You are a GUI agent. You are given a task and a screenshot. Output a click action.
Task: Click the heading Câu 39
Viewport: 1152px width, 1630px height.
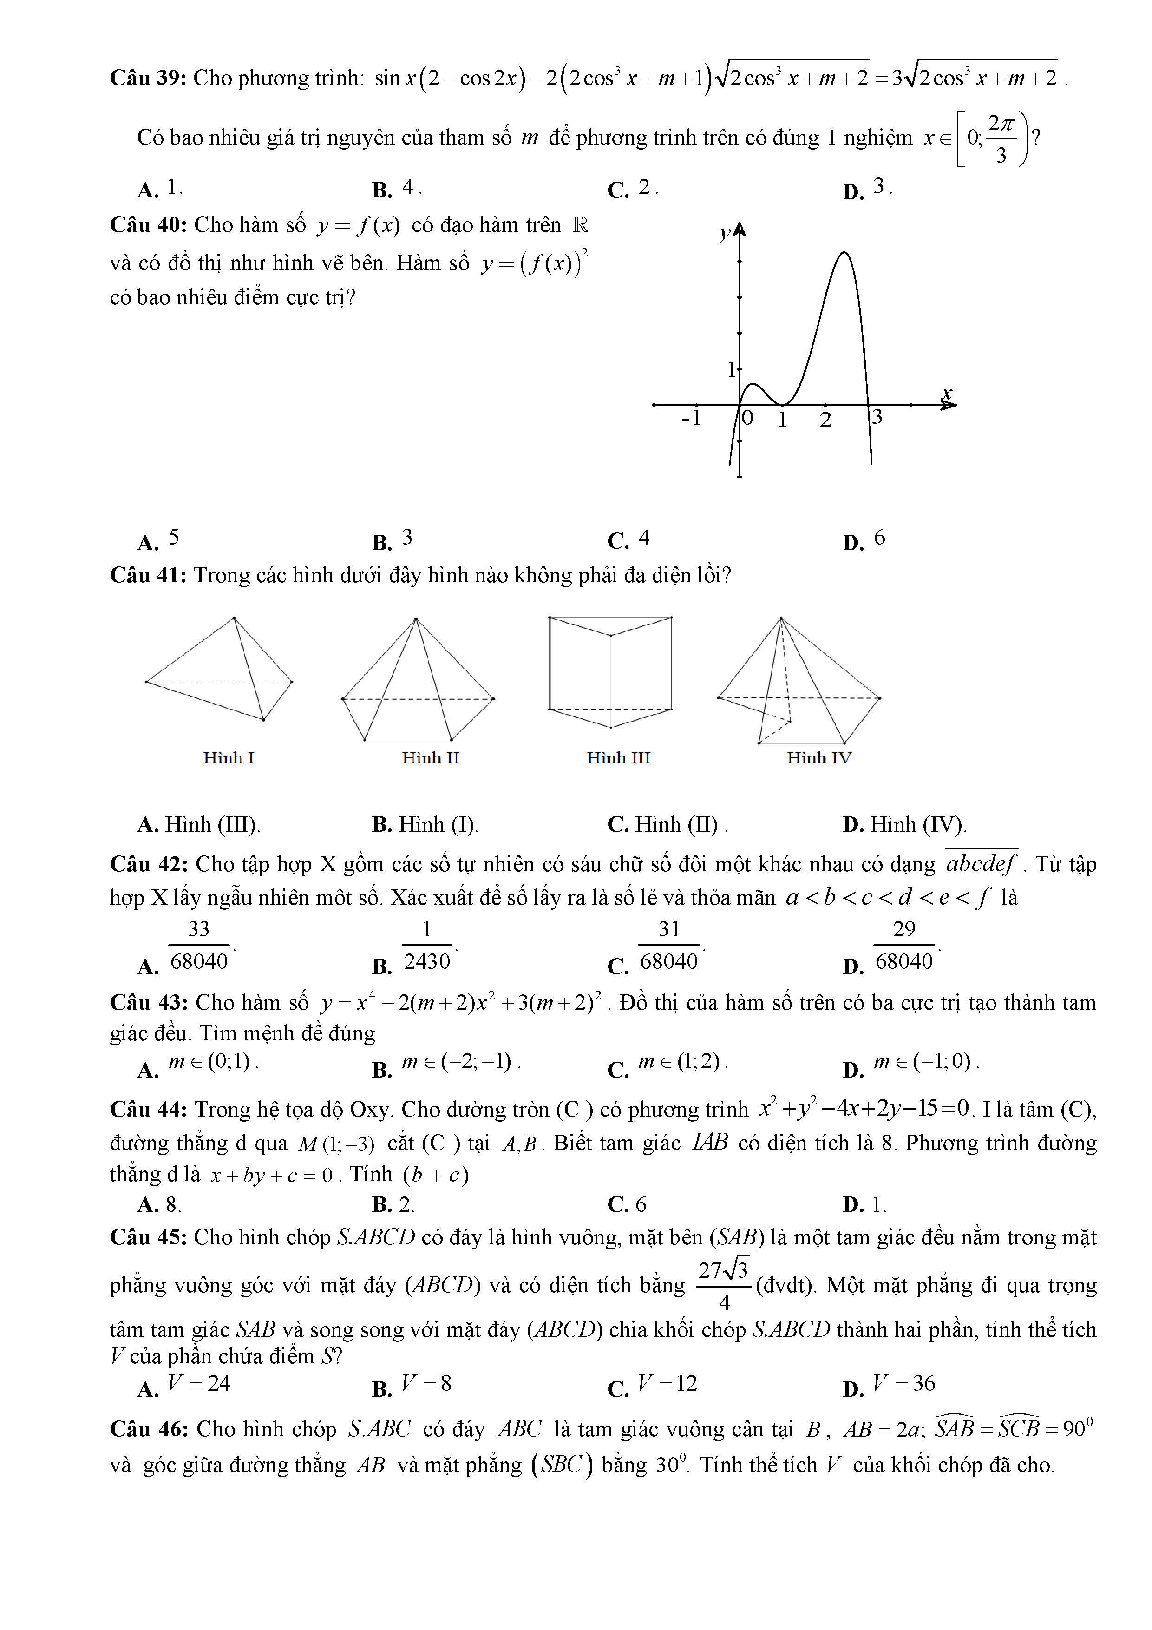148,78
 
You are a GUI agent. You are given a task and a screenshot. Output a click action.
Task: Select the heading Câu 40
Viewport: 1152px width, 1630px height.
148,225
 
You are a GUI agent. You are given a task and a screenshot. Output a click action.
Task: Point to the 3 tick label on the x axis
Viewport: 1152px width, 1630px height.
877,417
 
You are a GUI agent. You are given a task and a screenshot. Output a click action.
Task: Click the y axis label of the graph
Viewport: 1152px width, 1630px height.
724,234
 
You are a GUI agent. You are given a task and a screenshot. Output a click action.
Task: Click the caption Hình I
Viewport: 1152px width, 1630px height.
229,758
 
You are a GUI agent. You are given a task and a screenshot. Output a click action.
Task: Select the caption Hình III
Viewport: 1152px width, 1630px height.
618,758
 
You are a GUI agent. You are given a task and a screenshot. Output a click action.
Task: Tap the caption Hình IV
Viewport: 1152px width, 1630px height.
818,758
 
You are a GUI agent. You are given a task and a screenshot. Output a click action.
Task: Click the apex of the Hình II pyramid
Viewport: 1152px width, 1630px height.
416,618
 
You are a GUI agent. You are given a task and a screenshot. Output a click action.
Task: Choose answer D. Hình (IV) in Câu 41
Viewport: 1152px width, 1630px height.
905,824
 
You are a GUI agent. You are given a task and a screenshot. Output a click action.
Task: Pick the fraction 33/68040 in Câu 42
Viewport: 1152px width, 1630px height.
199,946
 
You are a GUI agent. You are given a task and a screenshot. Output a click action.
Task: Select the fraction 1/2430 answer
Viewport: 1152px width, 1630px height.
426,946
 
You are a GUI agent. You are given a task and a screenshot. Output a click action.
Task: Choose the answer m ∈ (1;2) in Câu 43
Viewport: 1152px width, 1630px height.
679,1062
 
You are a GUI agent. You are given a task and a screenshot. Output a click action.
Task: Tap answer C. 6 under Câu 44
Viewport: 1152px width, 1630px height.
628,1205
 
